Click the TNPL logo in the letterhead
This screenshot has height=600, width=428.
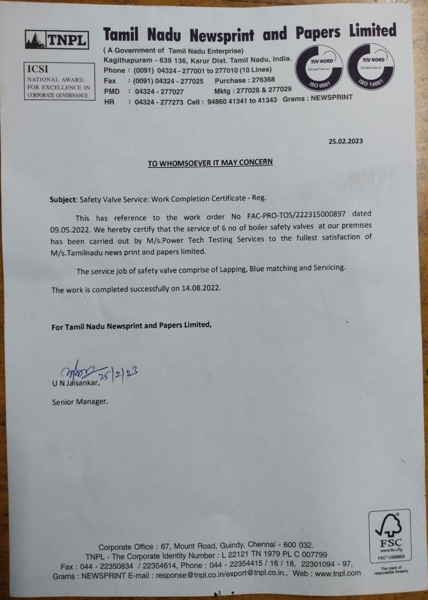pos(57,39)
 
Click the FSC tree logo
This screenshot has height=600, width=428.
pos(389,531)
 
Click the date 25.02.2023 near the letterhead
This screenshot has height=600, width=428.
pos(345,141)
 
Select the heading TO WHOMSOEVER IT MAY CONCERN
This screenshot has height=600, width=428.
pos(210,163)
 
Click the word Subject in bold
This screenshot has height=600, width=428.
pos(63,199)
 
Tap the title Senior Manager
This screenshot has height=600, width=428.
pos(80,401)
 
